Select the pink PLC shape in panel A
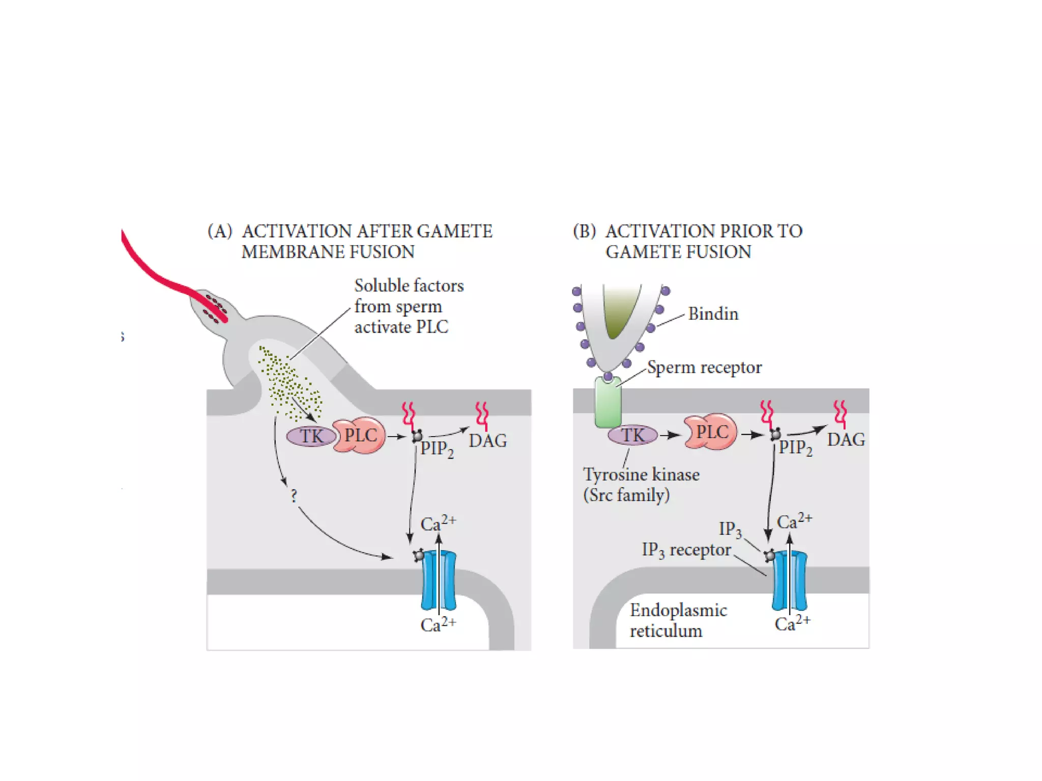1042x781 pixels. [x=360, y=435]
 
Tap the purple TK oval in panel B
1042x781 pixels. [x=632, y=435]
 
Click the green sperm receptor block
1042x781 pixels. [x=608, y=402]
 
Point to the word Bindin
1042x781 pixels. [x=713, y=314]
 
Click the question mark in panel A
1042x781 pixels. [x=294, y=496]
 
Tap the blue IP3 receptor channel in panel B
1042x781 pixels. [x=789, y=581]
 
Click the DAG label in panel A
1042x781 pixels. [x=487, y=441]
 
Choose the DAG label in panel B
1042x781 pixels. [x=846, y=439]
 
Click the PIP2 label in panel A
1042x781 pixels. [x=437, y=449]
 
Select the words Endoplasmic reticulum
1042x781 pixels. [x=678, y=620]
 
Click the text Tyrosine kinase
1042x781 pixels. [x=641, y=474]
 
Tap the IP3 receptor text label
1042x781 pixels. [x=686, y=550]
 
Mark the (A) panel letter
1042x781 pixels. [x=220, y=231]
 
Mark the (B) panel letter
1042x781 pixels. [x=584, y=231]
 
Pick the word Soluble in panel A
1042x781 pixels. [x=381, y=286]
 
